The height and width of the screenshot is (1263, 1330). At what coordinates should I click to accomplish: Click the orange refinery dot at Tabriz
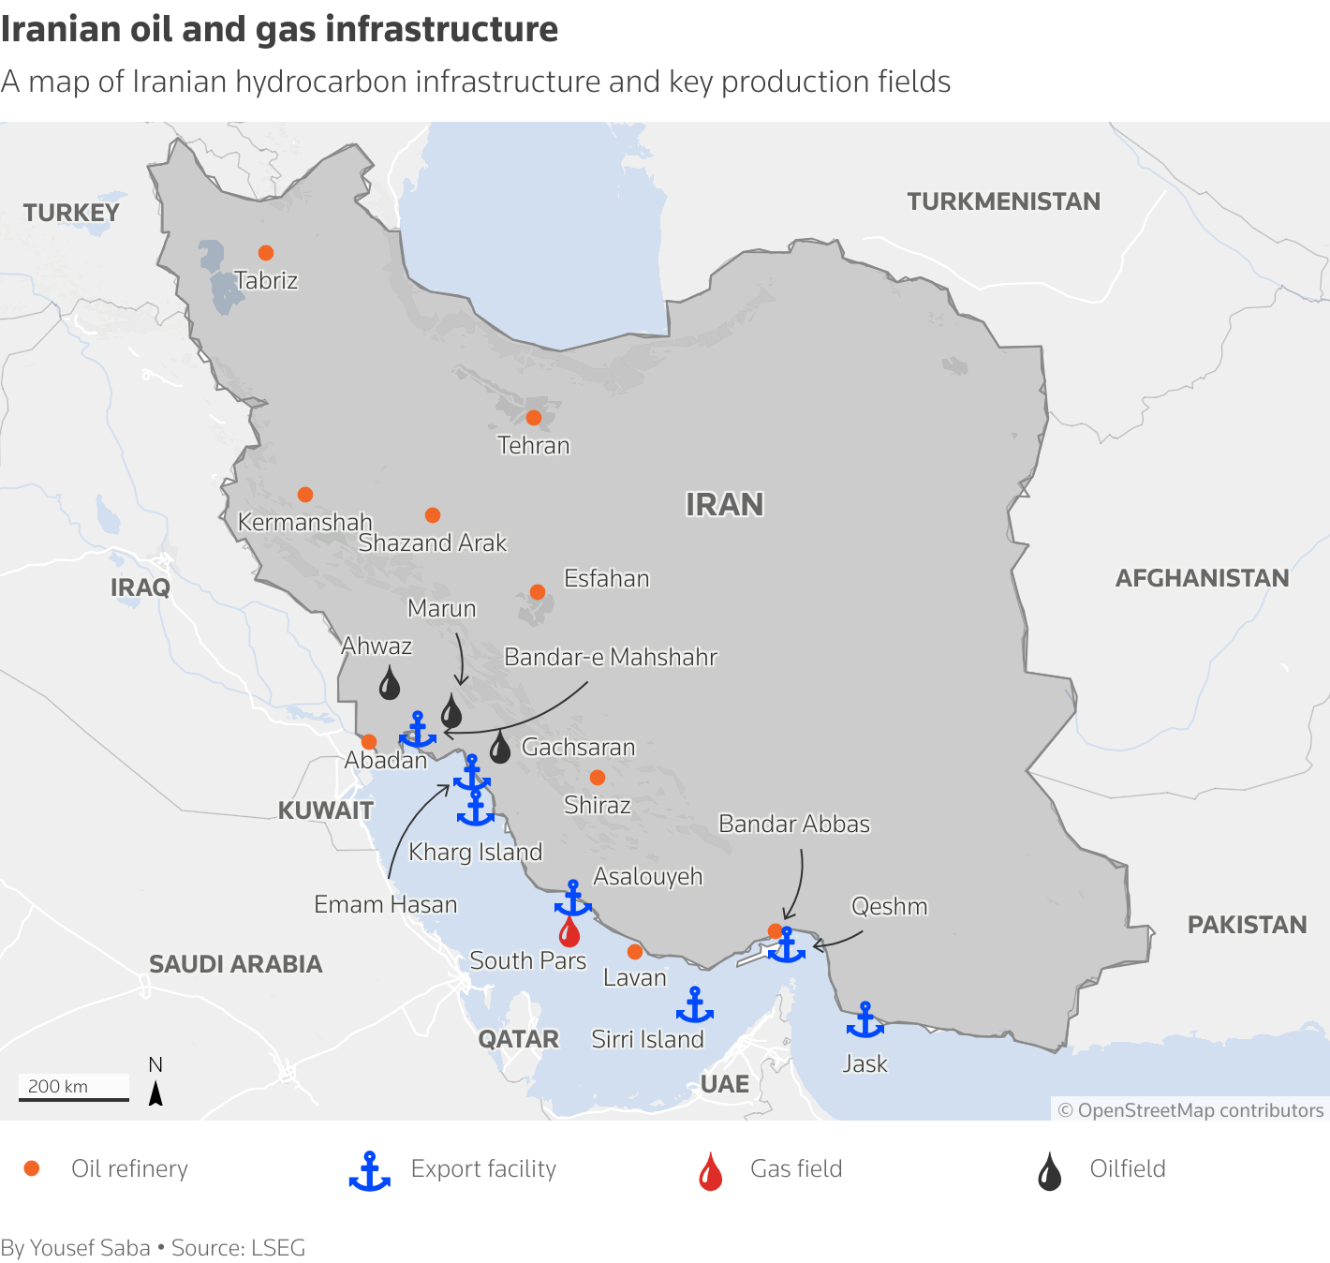266,253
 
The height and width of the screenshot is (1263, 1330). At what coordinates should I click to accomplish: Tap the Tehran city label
533,445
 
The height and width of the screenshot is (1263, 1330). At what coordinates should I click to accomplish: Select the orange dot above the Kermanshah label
305,495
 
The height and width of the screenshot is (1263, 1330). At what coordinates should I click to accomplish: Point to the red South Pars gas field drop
569,932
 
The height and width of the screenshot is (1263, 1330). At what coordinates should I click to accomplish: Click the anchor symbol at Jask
864,1020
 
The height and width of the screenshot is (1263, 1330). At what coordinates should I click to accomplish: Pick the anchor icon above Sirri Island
695,1005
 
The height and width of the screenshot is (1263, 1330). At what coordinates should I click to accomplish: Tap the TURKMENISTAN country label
1003,201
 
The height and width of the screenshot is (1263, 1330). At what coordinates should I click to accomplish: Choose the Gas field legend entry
795,1169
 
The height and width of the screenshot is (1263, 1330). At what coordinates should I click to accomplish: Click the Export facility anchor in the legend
370,1171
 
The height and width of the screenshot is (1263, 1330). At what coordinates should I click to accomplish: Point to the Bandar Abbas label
794,824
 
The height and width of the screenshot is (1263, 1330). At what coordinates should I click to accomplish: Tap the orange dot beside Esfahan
538,592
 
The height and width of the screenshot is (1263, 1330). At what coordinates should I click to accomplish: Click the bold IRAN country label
724,505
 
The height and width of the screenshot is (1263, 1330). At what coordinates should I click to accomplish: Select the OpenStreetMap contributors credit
1190,1110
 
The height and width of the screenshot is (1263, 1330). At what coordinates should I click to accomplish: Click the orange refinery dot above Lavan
635,952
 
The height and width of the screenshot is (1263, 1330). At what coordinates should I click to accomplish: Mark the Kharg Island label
476,852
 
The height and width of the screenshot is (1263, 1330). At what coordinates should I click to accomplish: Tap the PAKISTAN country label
1247,925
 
